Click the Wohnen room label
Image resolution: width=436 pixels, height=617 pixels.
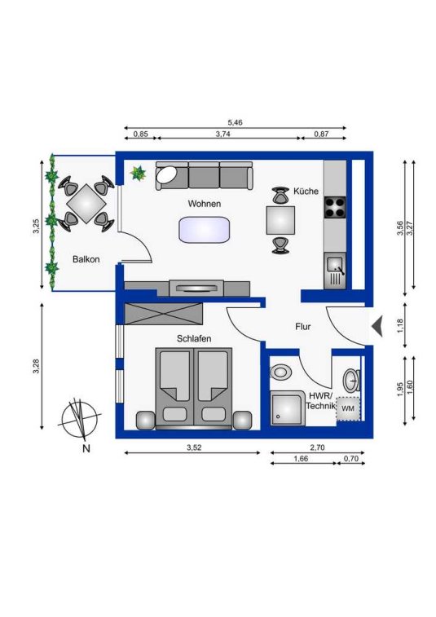click(x=205, y=204)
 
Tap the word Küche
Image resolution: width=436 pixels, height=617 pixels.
click(x=306, y=192)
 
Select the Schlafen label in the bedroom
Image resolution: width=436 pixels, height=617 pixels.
click(x=194, y=338)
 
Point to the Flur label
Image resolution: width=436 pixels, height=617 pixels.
click(x=303, y=327)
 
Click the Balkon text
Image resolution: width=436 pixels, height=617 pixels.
click(x=86, y=259)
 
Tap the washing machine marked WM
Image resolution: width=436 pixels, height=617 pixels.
click(x=348, y=408)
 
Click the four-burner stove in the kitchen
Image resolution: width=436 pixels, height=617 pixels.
click(x=335, y=207)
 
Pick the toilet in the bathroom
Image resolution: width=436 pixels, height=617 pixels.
click(x=280, y=372)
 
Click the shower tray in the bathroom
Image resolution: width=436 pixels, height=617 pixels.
click(x=288, y=408)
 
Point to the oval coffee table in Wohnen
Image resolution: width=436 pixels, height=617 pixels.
click(x=205, y=229)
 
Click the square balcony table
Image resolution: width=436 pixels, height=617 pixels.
click(x=86, y=204)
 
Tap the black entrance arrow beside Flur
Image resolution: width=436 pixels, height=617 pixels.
click(x=377, y=326)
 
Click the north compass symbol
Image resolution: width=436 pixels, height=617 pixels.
click(x=79, y=421)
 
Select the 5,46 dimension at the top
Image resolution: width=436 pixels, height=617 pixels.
click(x=235, y=122)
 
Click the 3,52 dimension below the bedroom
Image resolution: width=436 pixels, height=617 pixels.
click(x=194, y=447)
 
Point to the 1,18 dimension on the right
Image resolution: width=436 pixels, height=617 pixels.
click(x=400, y=326)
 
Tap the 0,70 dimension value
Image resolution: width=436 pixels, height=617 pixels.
click(x=351, y=458)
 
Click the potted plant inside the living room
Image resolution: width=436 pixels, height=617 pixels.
click(x=138, y=173)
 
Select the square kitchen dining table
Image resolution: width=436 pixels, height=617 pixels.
click(x=280, y=220)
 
